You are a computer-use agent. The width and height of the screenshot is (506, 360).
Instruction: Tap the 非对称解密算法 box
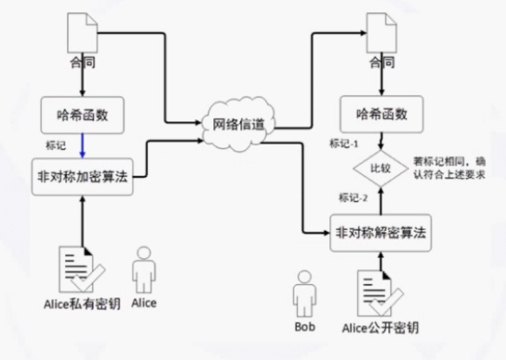[380, 233]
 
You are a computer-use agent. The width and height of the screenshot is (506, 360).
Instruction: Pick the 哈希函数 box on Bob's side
[380, 113]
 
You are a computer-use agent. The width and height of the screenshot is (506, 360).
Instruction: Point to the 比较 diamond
[380, 165]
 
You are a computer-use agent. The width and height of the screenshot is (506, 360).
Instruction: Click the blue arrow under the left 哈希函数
[81, 142]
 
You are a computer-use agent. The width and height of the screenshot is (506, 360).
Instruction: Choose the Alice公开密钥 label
[380, 327]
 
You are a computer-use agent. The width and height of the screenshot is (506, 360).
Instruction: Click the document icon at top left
[80, 37]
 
